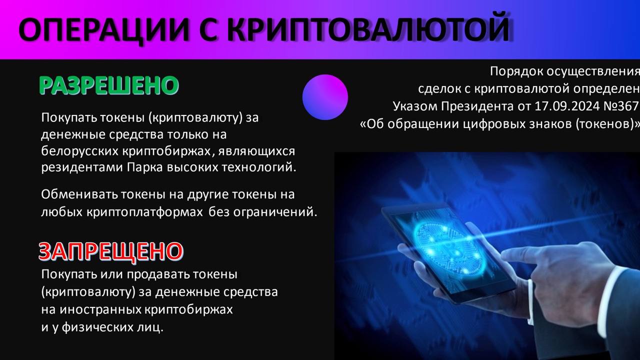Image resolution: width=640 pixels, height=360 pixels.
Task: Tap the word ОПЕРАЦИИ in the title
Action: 103,29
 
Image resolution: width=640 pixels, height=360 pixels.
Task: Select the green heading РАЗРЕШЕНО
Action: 109,85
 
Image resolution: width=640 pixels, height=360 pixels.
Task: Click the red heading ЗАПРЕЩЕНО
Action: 111,251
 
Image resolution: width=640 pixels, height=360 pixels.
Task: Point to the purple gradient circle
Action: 325,97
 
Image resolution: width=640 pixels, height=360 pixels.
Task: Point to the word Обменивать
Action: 79,194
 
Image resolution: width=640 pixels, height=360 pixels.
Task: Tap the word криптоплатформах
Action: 144,212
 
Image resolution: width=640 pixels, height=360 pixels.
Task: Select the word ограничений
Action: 275,212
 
